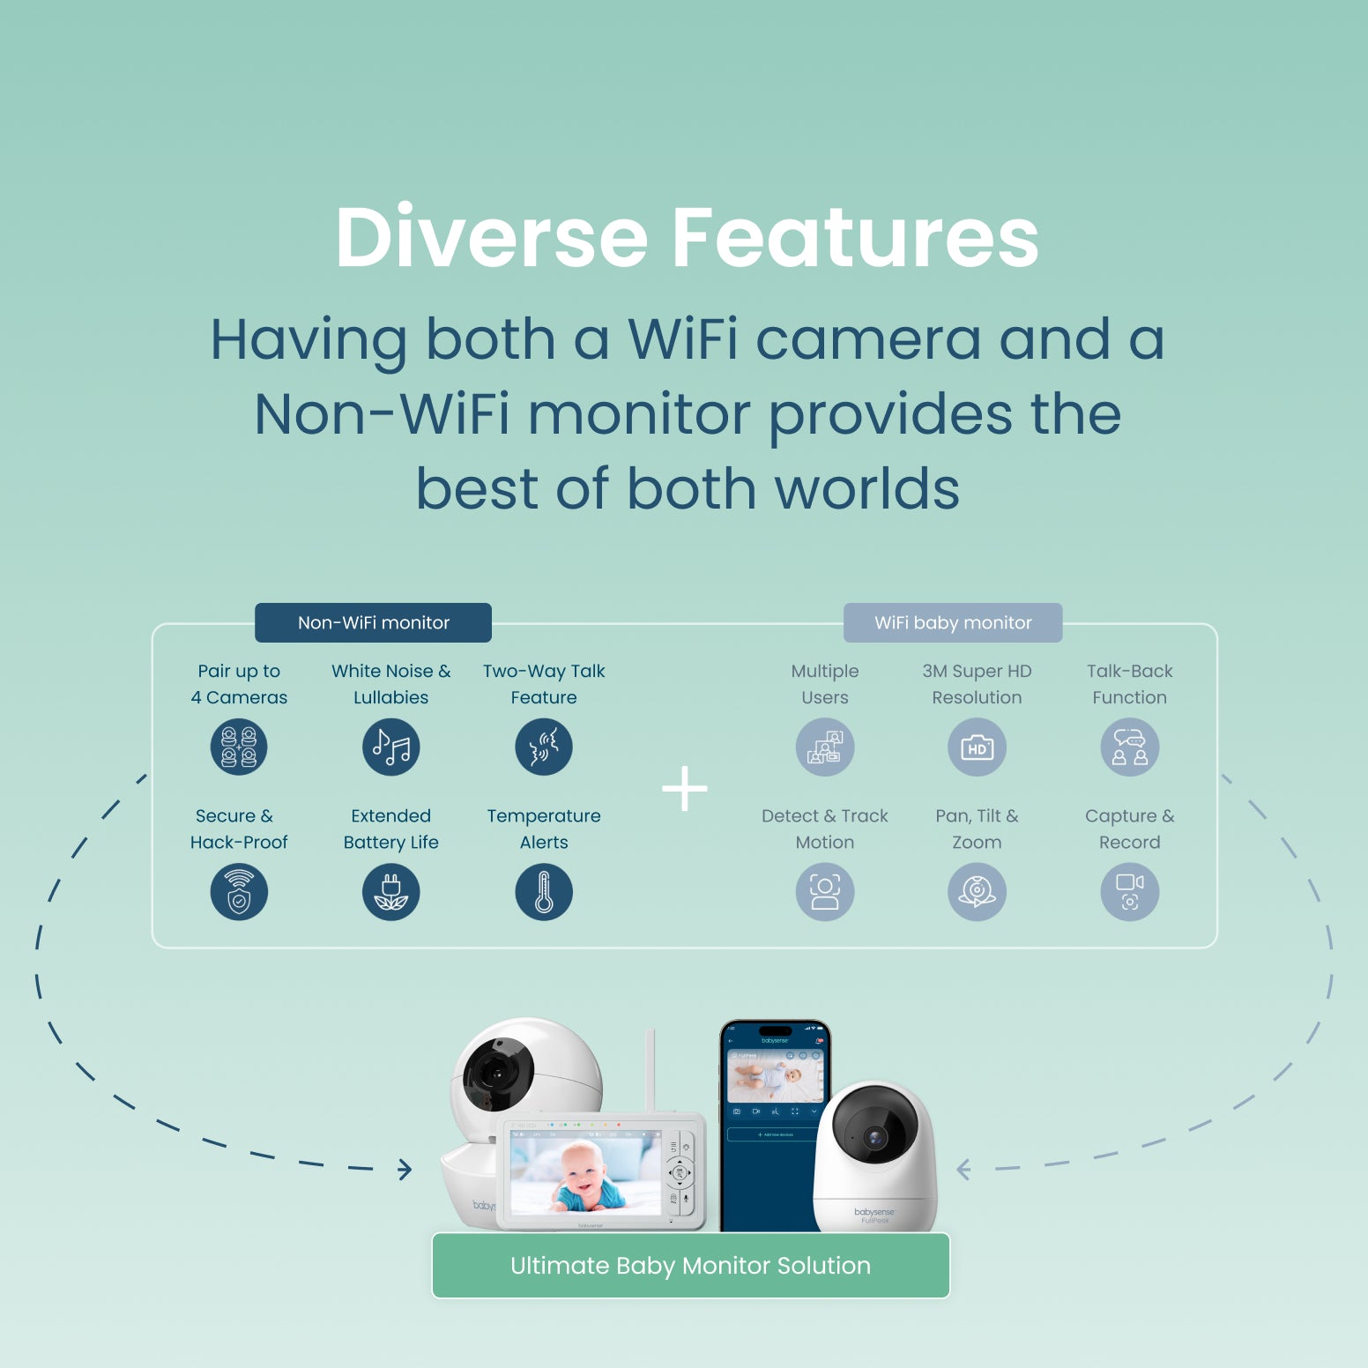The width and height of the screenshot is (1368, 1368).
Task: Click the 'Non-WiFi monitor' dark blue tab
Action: pyautogui.click(x=373, y=622)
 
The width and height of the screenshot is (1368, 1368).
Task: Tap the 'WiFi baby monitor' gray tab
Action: pyautogui.click(x=953, y=622)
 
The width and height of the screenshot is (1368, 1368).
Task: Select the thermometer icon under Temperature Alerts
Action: pyautogui.click(x=544, y=892)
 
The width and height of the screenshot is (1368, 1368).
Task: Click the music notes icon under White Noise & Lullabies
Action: pyautogui.click(x=391, y=747)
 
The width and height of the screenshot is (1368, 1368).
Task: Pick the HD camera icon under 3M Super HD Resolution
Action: pyautogui.click(x=977, y=747)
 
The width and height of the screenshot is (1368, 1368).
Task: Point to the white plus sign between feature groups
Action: pyautogui.click(x=685, y=788)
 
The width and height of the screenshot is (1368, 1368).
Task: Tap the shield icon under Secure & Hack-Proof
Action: pyautogui.click(x=239, y=892)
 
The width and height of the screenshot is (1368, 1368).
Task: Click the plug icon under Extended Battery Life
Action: pyautogui.click(x=391, y=892)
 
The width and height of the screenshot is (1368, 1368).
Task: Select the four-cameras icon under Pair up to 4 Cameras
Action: pyautogui.click(x=239, y=747)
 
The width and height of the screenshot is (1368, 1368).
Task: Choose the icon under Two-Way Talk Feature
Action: pyautogui.click(x=544, y=747)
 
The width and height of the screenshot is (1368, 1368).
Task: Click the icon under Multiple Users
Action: pyautogui.click(x=825, y=747)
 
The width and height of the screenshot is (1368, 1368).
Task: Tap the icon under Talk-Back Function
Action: pyautogui.click(x=1130, y=747)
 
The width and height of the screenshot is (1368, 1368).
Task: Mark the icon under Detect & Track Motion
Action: pyautogui.click(x=825, y=892)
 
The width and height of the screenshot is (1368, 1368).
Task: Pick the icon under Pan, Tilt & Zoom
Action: pyautogui.click(x=977, y=892)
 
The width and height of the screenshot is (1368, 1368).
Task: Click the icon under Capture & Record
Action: pyautogui.click(x=1130, y=892)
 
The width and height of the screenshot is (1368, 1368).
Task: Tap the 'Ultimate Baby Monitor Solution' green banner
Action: pyautogui.click(x=690, y=1266)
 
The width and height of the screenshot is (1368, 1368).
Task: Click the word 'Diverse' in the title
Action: pyautogui.click(x=492, y=237)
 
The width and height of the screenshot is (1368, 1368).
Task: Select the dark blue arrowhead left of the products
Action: pyautogui.click(x=405, y=1170)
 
